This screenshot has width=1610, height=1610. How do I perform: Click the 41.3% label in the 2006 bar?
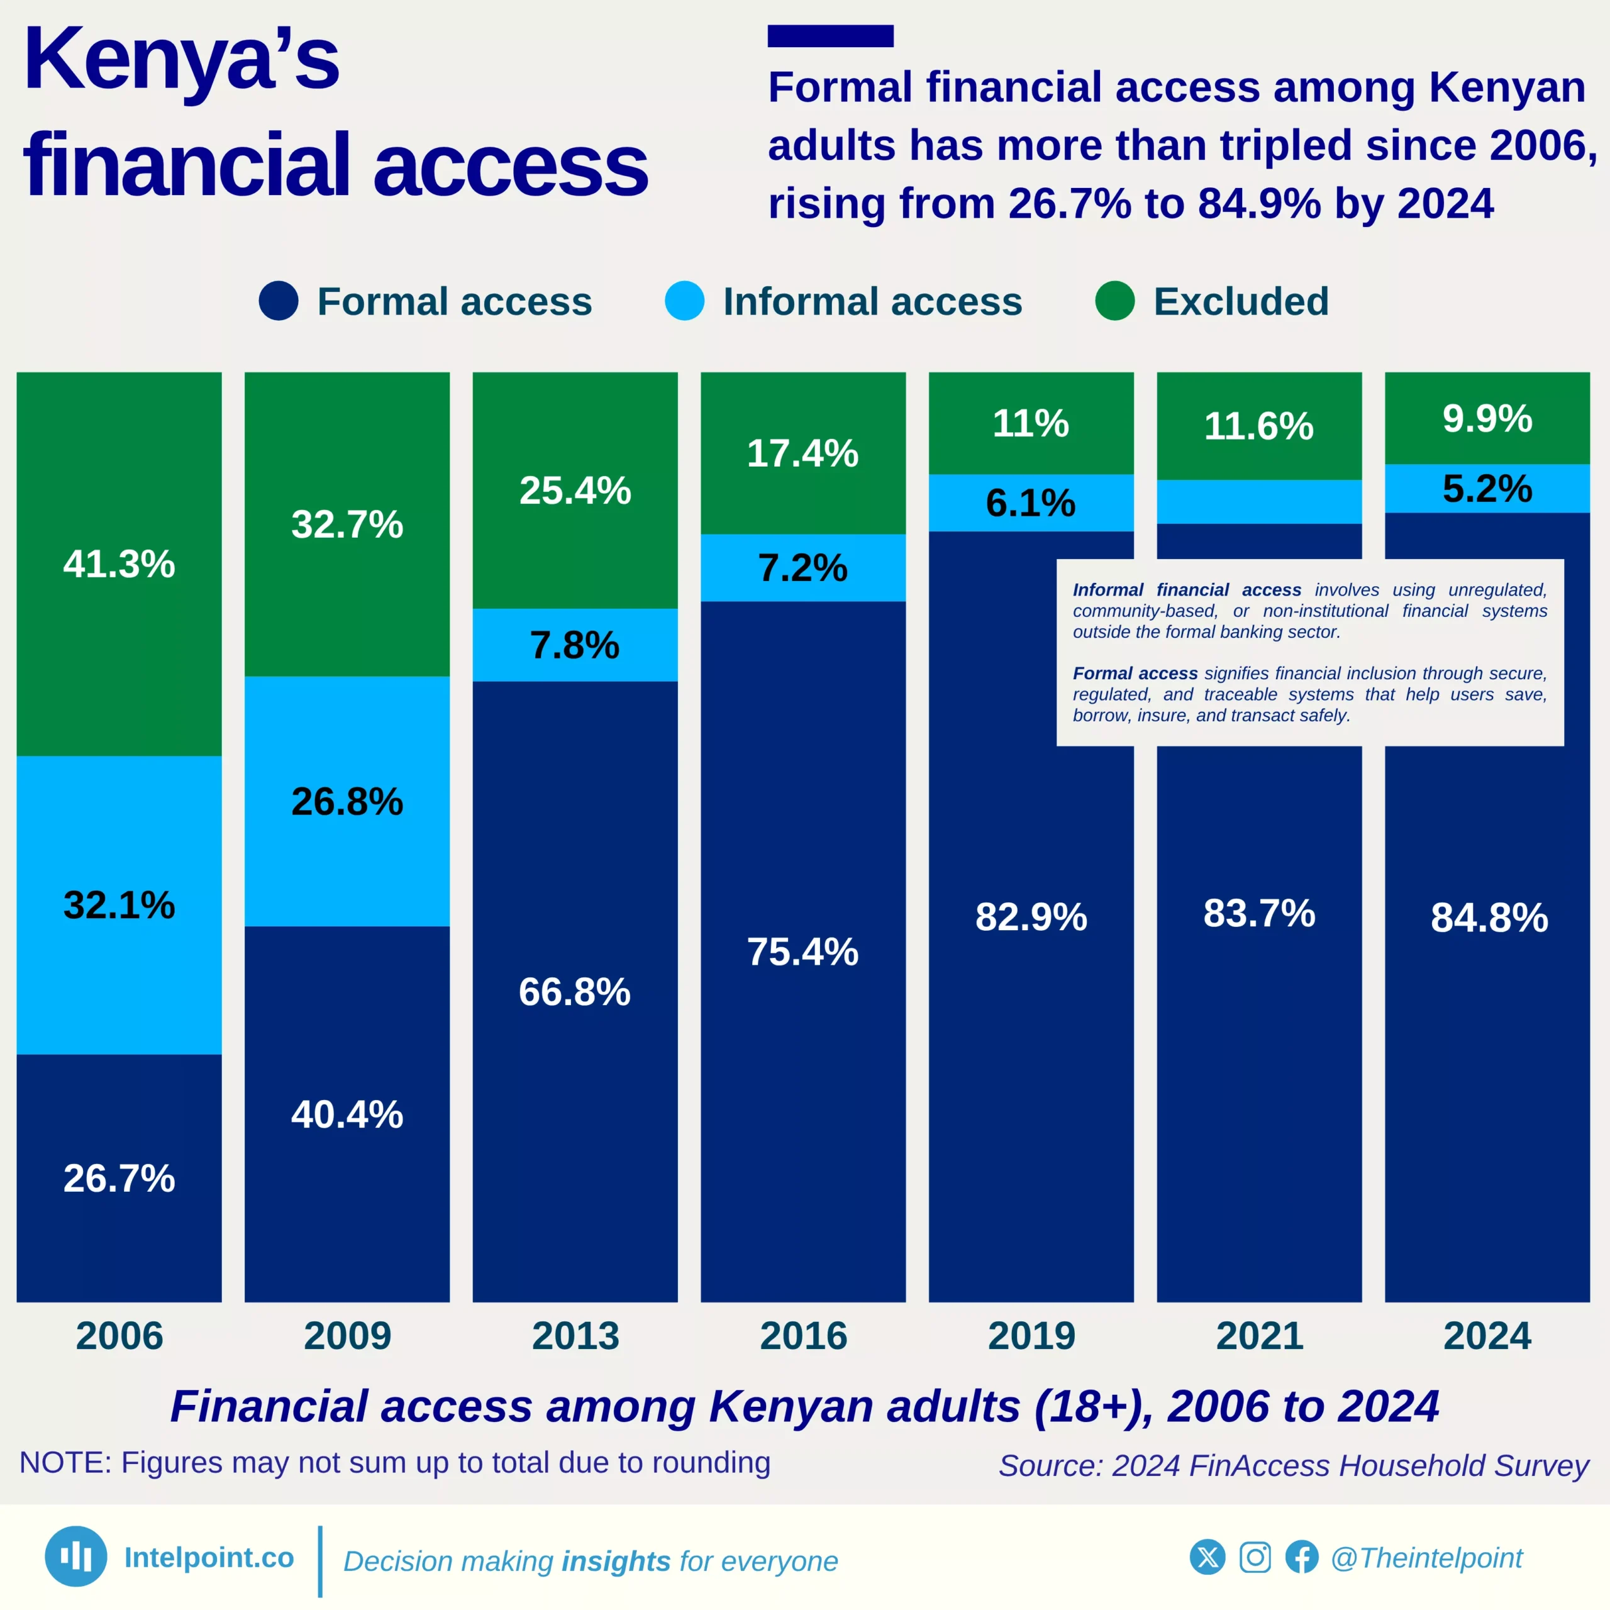[119, 564]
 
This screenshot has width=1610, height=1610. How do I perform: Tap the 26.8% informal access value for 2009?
[347, 802]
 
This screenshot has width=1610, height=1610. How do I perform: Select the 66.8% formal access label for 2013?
[574, 992]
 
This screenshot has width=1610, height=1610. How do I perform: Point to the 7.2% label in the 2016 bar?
[802, 569]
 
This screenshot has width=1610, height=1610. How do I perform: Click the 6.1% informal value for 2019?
[1031, 503]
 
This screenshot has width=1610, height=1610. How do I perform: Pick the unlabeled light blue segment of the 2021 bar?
[1258, 502]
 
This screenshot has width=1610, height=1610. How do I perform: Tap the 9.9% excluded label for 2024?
[1487, 418]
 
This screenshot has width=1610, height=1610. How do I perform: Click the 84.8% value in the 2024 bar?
[1489, 918]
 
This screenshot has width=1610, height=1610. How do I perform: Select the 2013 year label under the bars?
[575, 1336]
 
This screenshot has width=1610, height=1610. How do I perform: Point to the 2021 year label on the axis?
[1259, 1336]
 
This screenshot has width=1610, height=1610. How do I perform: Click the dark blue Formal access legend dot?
[279, 301]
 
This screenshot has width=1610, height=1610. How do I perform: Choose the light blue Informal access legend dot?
[684, 301]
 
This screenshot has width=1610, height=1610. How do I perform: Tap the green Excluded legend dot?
[1115, 301]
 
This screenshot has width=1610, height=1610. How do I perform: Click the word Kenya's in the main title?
[182, 60]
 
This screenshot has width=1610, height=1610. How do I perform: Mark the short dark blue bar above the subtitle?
[830, 36]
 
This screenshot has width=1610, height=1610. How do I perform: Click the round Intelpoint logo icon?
[76, 1556]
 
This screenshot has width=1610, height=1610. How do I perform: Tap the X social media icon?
[1207, 1557]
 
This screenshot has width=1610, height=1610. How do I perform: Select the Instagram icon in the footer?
[1255, 1557]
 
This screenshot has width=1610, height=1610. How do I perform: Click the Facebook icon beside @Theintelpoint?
[1302, 1557]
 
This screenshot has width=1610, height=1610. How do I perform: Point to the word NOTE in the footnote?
[64, 1462]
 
